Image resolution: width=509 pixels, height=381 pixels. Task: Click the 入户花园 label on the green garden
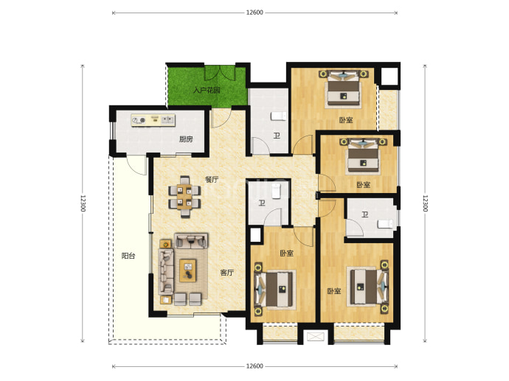point(207,90)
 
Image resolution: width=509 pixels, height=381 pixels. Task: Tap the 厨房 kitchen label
point(186,139)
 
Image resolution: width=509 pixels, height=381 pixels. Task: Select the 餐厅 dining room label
point(212,180)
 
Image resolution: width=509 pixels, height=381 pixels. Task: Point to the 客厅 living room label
point(227,273)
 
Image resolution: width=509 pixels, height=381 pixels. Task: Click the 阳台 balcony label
point(128,256)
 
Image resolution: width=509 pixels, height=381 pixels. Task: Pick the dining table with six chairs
point(184,197)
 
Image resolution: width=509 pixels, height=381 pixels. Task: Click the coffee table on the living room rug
point(188,270)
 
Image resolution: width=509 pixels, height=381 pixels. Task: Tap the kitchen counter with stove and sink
point(153,120)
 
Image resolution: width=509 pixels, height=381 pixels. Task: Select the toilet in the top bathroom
point(279,116)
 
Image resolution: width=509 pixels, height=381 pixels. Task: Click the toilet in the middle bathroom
point(276,192)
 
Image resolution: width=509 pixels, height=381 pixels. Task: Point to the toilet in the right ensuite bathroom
point(385,224)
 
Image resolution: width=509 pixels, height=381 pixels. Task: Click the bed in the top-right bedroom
point(344,89)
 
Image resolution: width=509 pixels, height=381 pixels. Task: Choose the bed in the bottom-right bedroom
point(368,287)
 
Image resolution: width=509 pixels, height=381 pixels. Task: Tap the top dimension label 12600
point(254,13)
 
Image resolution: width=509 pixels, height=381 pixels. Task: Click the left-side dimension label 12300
point(83,203)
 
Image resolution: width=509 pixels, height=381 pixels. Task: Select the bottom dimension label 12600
point(254,366)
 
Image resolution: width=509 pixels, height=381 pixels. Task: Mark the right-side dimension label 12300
point(425,203)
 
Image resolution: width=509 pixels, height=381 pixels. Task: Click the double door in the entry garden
point(220,73)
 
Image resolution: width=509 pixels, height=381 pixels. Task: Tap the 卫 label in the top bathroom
point(276,136)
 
